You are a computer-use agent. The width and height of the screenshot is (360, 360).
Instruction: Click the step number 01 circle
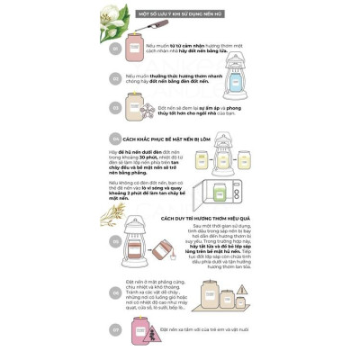click(116, 50)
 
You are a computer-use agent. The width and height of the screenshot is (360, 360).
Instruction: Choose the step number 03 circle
click(116, 112)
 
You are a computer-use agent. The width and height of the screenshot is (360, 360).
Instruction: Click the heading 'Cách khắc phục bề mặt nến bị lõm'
click(162, 139)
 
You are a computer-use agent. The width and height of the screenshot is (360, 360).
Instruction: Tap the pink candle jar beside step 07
click(140, 330)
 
